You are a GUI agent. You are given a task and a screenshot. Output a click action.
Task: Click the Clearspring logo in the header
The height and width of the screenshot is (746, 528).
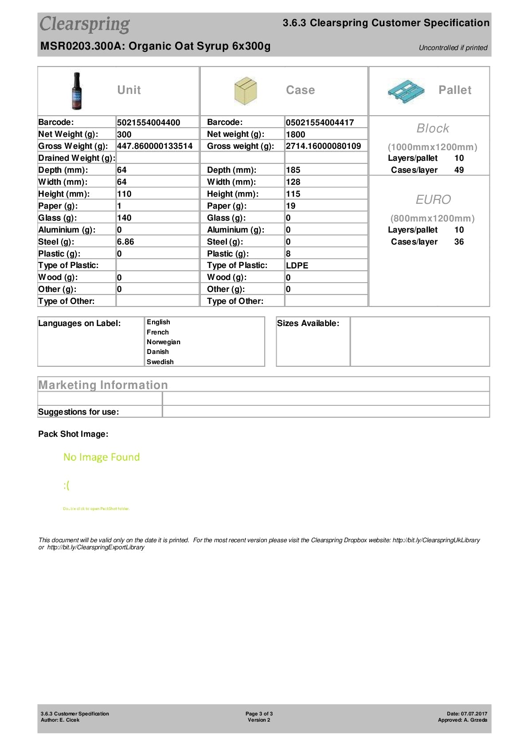tap(85, 24)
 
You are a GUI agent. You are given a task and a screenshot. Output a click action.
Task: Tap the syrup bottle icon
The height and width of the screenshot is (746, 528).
tap(77, 91)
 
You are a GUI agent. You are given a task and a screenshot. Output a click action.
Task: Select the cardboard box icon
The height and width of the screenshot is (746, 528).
tap(245, 91)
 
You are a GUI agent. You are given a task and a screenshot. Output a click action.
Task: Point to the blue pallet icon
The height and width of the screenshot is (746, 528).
tap(405, 91)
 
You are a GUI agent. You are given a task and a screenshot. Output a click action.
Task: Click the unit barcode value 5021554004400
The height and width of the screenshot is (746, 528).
tap(149, 123)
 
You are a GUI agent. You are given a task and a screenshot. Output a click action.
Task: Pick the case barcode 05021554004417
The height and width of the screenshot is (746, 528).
tap(320, 123)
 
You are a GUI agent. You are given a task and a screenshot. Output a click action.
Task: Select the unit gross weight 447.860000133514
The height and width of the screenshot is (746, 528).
tap(155, 146)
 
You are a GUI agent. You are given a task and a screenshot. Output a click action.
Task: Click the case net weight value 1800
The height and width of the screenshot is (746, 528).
tap(295, 135)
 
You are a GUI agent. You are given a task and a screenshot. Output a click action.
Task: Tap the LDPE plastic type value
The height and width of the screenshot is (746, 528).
tap(297, 266)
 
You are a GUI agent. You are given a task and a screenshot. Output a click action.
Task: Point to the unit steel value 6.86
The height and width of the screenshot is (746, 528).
tap(125, 242)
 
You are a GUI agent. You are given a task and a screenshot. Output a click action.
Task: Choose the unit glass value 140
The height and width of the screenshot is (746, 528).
tap(124, 218)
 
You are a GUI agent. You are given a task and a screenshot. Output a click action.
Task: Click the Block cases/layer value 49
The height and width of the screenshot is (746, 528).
tap(459, 170)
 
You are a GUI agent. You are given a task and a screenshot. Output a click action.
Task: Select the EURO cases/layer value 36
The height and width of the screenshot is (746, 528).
tap(459, 242)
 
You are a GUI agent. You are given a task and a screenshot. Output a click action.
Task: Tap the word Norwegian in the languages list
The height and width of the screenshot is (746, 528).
tap(164, 342)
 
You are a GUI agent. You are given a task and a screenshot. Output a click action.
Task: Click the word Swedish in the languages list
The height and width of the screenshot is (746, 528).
tap(160, 362)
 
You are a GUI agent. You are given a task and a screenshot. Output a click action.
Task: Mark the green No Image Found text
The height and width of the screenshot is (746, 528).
tap(102, 457)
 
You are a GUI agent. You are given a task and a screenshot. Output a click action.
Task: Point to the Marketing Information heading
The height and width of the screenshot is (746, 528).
tap(103, 385)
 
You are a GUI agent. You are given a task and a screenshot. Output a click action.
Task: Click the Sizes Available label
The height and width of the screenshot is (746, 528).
tap(308, 323)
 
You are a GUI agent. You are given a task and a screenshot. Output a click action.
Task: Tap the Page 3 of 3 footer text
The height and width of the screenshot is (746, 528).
tap(259, 714)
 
